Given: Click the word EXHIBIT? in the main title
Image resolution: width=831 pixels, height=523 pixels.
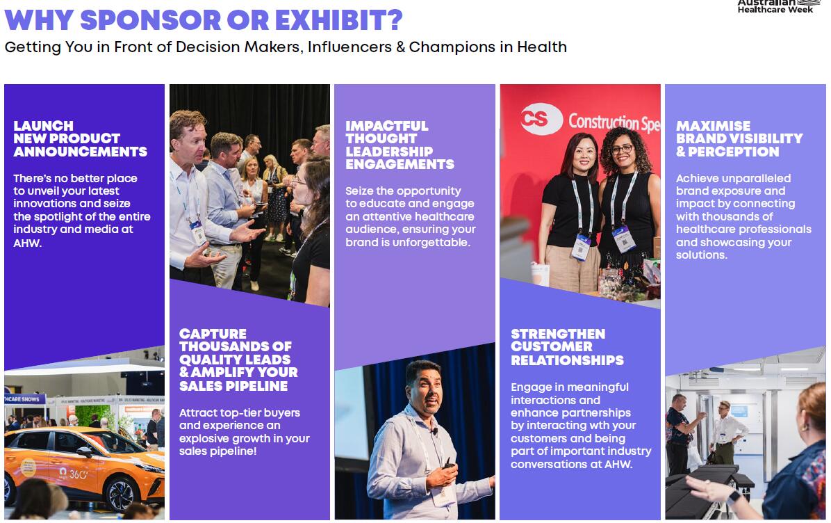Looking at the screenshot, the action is pos(338,20).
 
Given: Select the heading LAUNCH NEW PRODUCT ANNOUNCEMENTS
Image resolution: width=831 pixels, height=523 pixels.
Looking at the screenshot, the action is pos(80,139).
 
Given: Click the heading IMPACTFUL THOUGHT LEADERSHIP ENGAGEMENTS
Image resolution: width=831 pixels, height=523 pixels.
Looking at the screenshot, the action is pos(400,145).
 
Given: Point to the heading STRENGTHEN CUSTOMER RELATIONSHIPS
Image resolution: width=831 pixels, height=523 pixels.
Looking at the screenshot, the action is pos(567,348).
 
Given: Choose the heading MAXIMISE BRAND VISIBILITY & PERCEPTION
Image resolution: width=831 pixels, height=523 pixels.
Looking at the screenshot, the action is pos(739,139).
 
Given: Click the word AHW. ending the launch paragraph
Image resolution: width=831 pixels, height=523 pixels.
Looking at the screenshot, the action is pos(28,243).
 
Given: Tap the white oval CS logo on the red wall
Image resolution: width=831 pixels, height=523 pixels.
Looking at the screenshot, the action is pos(541,119).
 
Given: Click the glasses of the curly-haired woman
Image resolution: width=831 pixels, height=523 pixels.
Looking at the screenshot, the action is pos(622,150).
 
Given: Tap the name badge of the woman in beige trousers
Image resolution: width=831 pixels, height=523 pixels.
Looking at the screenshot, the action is pos(580,247).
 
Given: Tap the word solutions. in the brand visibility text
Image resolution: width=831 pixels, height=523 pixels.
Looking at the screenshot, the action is pos(702,255).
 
